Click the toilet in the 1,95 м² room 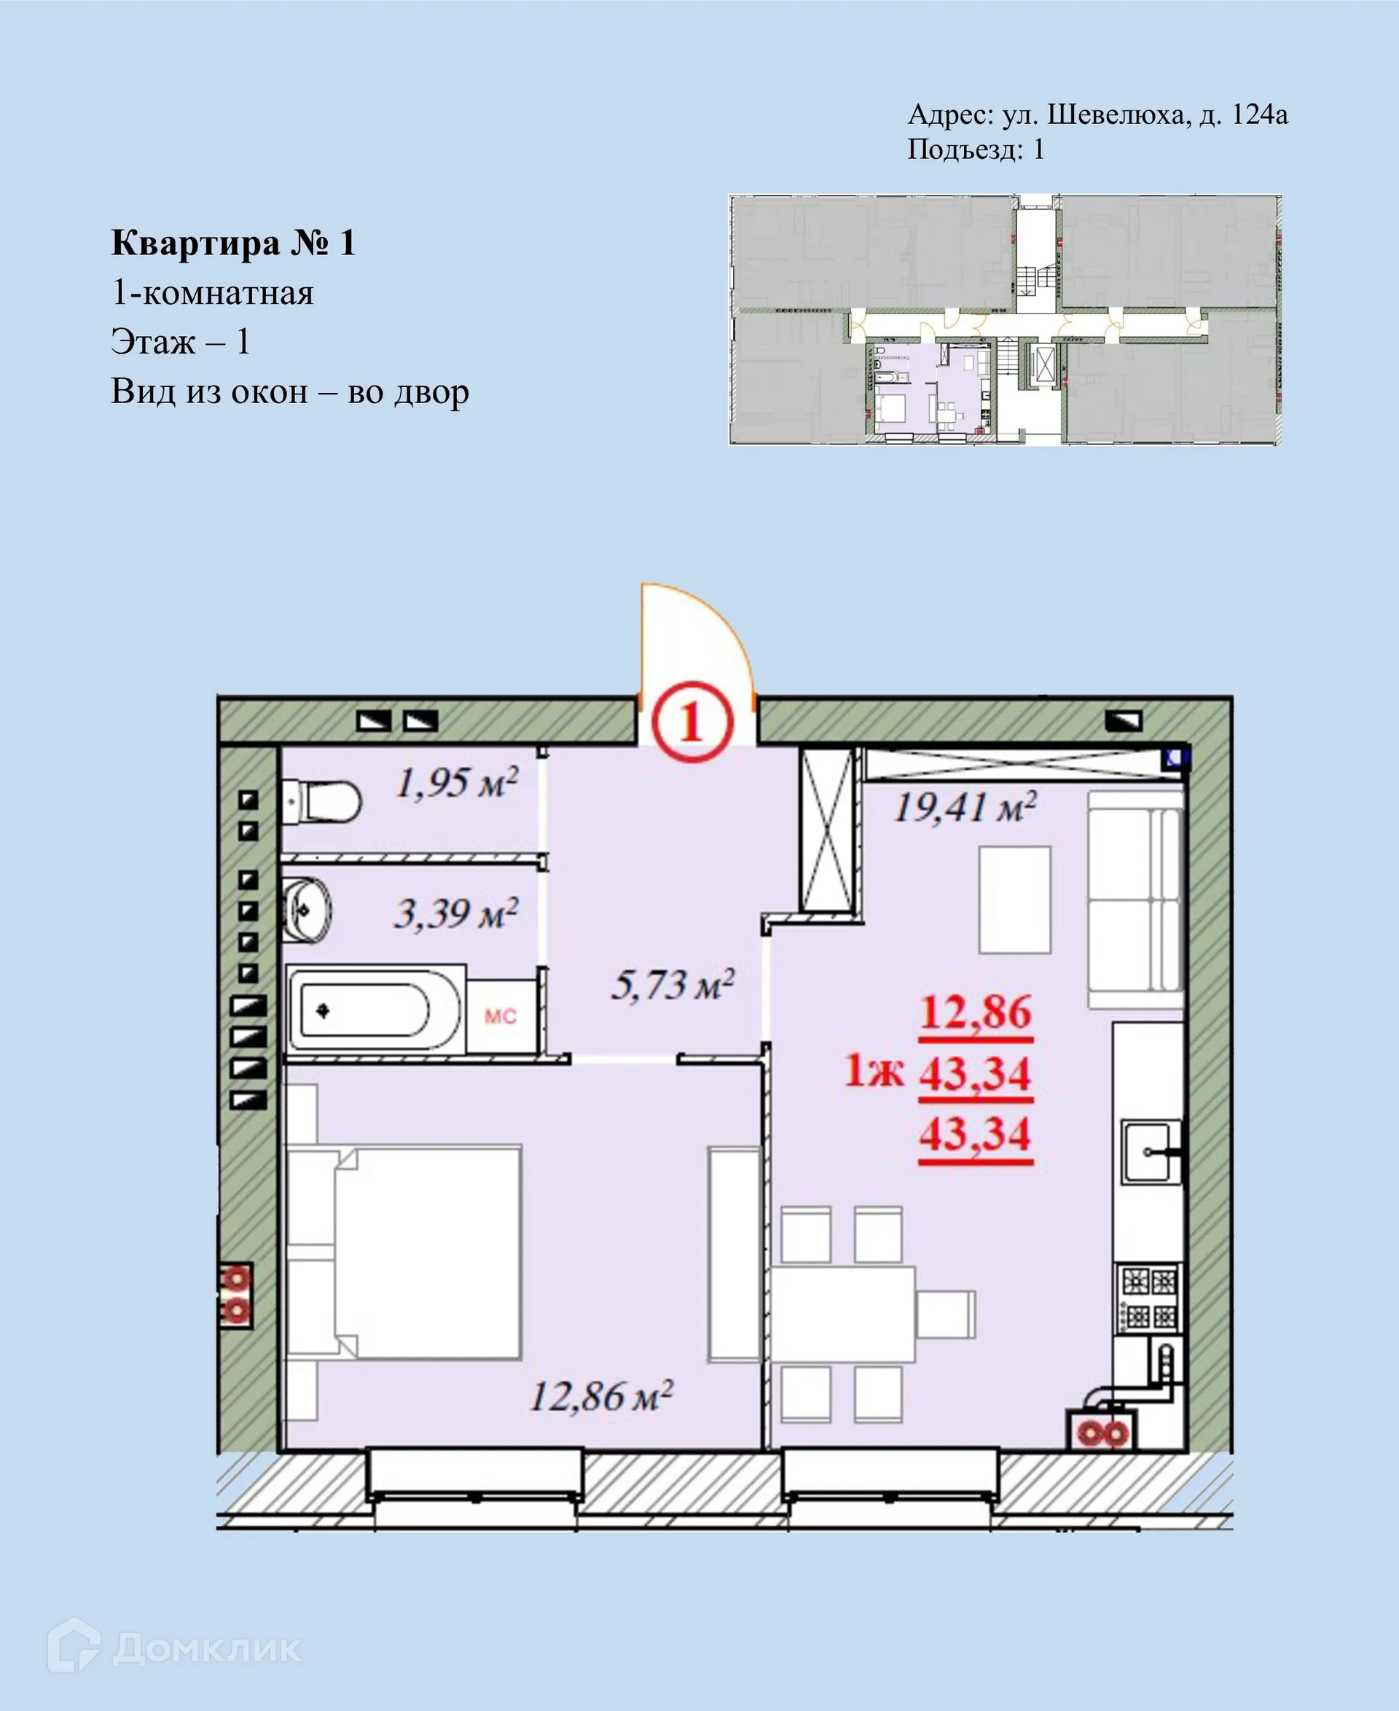(322, 801)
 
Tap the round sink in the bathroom (307, 911)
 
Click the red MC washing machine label (500, 1016)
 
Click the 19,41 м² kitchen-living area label (965, 806)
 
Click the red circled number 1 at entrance (691, 722)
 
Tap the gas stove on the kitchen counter (1149, 1298)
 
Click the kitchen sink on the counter (1151, 1151)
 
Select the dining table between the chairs (842, 1314)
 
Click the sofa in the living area (1135, 900)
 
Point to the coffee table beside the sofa (1014, 900)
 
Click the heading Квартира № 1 (233, 243)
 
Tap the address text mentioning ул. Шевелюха (1097, 114)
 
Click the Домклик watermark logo (174, 1648)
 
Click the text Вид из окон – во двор (289, 392)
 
